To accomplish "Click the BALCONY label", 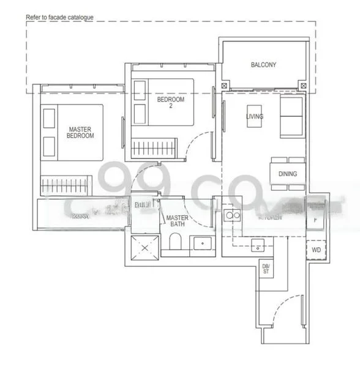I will [263, 65].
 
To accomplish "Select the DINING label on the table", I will [287, 174].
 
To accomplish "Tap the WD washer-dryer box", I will [316, 250].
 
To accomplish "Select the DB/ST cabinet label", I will [266, 269].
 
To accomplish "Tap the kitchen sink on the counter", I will [257, 246].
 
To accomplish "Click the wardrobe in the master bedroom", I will [66, 184].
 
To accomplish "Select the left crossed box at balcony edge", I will [225, 86].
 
